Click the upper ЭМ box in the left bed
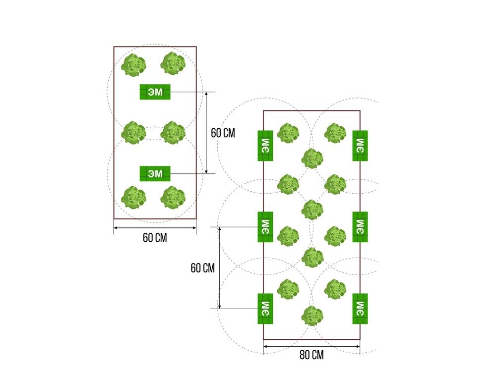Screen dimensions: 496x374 [x=155, y=92]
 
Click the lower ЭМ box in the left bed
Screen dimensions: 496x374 [x=155, y=174]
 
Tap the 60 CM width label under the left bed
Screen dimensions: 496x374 [x=155, y=238]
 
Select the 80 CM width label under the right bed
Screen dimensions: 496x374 [x=311, y=355]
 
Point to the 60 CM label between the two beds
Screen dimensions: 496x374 [x=223, y=133]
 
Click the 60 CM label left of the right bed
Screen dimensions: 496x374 [x=202, y=268]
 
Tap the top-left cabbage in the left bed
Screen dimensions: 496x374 [x=133, y=65]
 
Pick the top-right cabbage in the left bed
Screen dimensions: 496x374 [x=173, y=63]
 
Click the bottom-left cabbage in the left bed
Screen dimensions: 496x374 [x=133, y=198]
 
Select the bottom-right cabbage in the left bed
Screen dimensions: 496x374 [x=173, y=198]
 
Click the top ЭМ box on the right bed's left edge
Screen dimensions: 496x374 [x=265, y=146]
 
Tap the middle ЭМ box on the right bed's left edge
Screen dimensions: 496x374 [x=265, y=227]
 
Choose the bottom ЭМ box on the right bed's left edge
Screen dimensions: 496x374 [x=265, y=309]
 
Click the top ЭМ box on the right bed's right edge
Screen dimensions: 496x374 [x=360, y=146]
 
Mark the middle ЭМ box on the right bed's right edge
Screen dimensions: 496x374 [x=360, y=227]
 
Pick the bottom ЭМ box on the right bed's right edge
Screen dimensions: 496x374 [x=360, y=309]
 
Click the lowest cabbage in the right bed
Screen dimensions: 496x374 [x=312, y=316]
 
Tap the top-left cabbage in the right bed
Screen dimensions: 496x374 [x=288, y=133]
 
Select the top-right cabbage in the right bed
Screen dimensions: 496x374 [x=335, y=133]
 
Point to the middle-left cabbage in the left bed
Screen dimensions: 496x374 [x=133, y=132]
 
